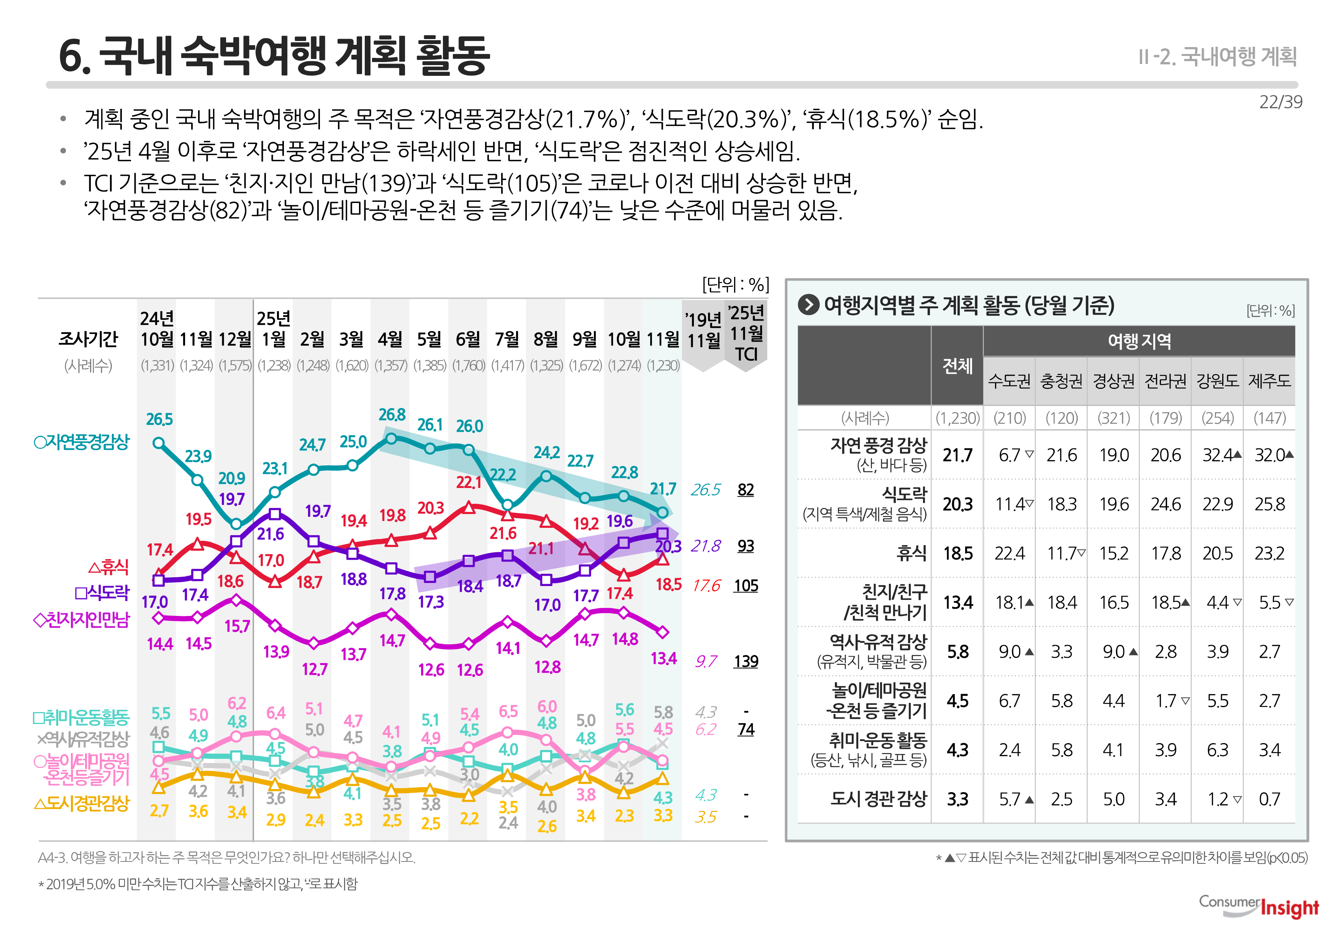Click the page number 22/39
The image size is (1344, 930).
coord(1280,102)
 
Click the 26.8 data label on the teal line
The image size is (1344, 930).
coord(392,415)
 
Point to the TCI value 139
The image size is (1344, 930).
coord(746,661)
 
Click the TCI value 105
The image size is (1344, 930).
coord(746,586)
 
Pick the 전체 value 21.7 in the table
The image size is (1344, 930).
coord(957,455)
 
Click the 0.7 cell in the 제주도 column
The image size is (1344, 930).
coord(1269,799)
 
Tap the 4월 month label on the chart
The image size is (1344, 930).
coord(390,339)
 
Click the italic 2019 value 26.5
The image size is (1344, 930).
coord(705,490)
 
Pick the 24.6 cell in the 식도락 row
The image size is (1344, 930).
coord(1165,504)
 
